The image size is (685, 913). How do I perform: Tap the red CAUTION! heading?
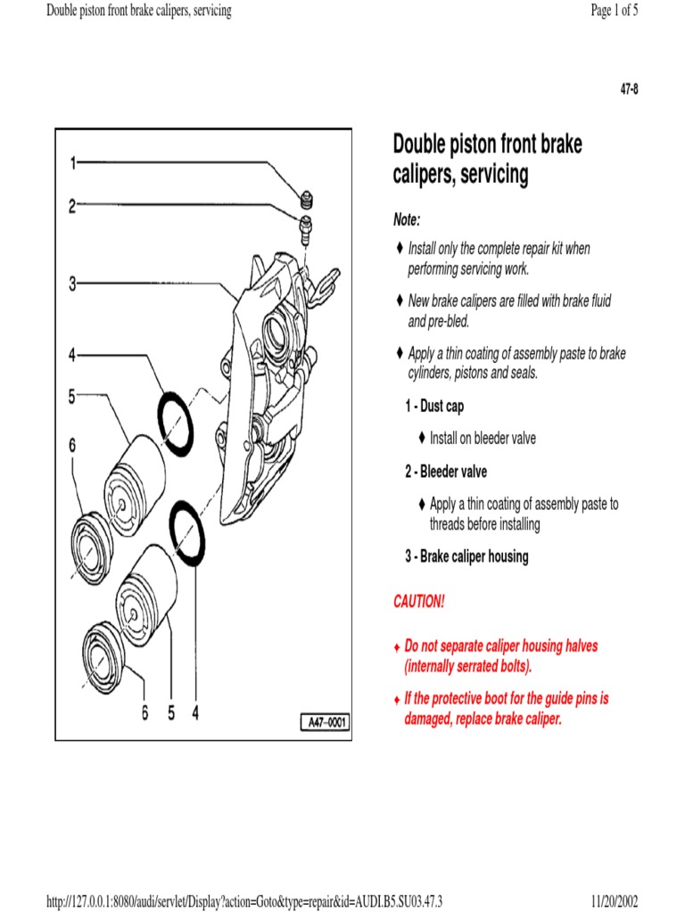click(x=418, y=602)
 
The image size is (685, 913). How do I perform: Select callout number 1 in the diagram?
click(x=73, y=163)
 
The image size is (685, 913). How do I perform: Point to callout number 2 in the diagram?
click(x=73, y=207)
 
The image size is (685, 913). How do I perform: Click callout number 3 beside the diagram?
click(x=73, y=284)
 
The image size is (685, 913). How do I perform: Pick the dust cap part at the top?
click(x=305, y=197)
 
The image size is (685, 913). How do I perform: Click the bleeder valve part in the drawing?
click(x=306, y=225)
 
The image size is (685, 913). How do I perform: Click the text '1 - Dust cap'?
click(x=434, y=407)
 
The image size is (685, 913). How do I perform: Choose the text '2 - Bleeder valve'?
click(x=446, y=472)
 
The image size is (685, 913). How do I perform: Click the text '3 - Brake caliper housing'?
click(x=466, y=557)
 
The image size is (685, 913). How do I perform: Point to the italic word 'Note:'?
click(x=407, y=219)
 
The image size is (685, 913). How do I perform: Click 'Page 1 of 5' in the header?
click(x=614, y=11)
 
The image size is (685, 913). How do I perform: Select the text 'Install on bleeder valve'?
click(x=483, y=439)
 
